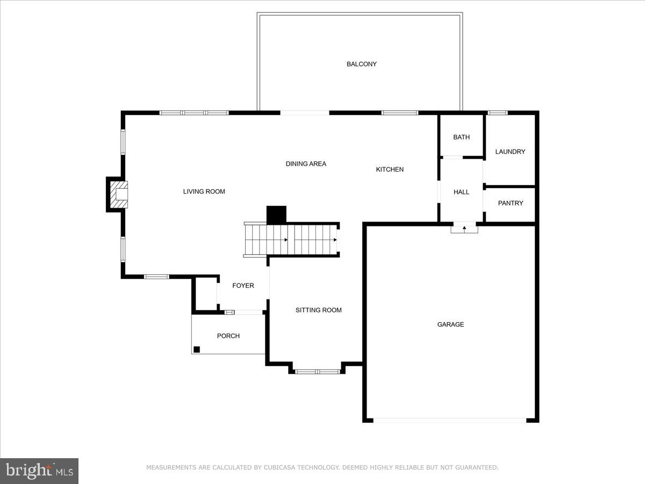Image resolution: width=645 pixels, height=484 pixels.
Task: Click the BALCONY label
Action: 361,64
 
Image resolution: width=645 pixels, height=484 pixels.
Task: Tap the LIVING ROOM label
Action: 204,191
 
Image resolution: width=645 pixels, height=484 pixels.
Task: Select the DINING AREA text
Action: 305,164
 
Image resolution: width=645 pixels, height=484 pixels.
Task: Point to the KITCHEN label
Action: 389,169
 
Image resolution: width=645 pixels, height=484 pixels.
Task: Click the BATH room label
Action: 461,137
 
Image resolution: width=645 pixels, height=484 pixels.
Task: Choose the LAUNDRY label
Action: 510,152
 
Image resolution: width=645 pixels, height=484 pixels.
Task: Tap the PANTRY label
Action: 510,203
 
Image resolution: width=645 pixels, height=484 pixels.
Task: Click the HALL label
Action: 461,192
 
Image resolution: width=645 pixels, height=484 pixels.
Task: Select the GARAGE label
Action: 450,324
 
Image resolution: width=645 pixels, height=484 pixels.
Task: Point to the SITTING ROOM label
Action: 318,310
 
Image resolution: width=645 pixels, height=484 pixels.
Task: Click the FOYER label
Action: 243,286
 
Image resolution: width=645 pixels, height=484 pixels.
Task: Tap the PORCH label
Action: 228,336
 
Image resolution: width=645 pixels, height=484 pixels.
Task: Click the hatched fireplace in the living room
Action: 119,195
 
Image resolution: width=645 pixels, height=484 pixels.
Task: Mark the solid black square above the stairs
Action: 276,215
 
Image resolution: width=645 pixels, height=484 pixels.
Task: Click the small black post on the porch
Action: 197,349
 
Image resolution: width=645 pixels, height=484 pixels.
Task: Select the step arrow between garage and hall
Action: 464,229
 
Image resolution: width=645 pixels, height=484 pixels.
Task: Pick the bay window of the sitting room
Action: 317,371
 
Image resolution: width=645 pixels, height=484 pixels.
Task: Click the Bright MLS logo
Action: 39,471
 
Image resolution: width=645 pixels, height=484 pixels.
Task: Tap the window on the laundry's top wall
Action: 497,113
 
